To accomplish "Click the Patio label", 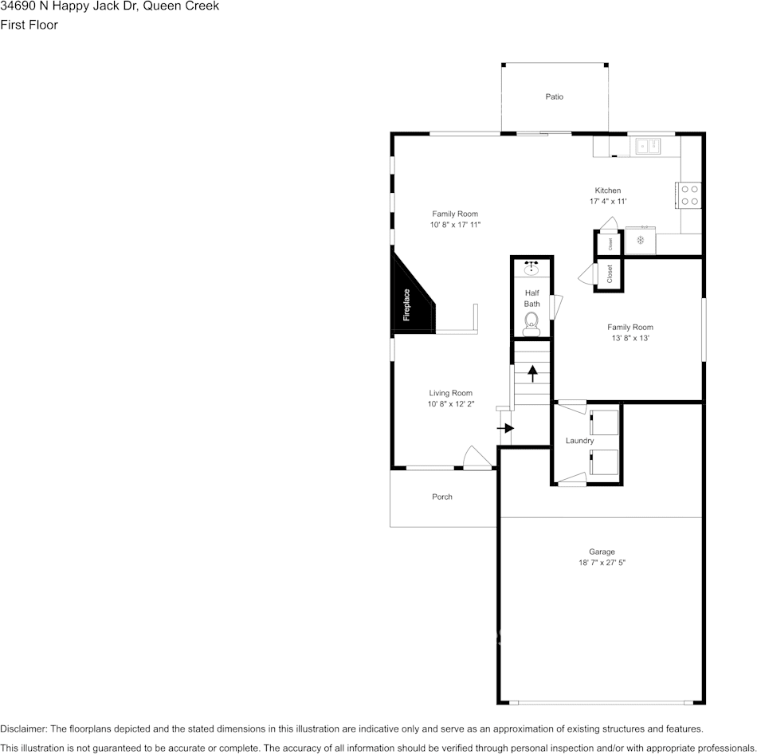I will click(x=554, y=96).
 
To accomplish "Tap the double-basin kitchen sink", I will click(x=647, y=146).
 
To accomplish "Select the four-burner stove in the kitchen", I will click(x=690, y=195).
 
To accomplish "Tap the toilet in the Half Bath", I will click(x=531, y=322).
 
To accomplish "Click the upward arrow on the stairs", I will click(x=532, y=372).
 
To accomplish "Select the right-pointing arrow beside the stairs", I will click(x=505, y=428).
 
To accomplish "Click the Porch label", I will click(x=442, y=497).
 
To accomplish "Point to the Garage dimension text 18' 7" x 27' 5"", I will click(x=602, y=563).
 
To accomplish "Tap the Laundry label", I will click(x=579, y=441).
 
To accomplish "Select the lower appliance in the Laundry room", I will click(x=604, y=461).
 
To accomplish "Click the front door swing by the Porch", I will click(x=476, y=458).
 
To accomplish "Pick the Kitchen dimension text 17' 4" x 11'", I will click(x=608, y=202).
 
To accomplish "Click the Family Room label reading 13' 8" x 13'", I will click(x=630, y=338).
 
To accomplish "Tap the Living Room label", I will click(x=451, y=393).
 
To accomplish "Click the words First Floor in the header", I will click(x=29, y=25).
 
